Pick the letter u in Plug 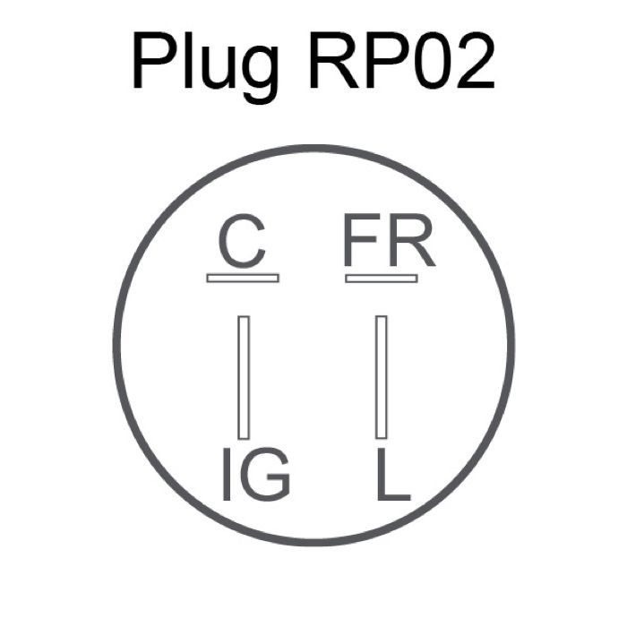[224, 69]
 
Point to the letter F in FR [363, 243]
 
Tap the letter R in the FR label [413, 243]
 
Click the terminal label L [392, 476]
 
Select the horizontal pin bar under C [243, 279]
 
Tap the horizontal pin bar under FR [382, 279]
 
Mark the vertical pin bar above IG [244, 376]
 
